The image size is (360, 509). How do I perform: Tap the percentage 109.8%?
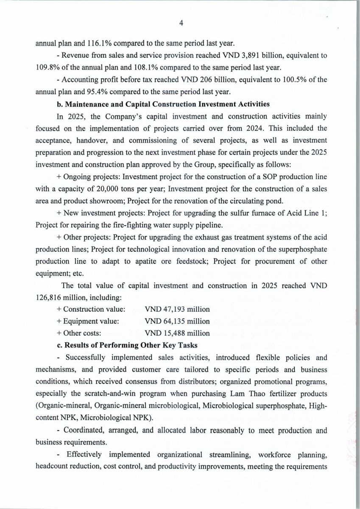coord(48,67)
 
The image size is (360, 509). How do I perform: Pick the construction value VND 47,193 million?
coord(177,309)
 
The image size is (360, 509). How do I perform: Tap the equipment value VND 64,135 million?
coord(177,321)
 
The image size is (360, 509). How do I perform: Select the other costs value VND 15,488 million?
coord(177,333)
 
